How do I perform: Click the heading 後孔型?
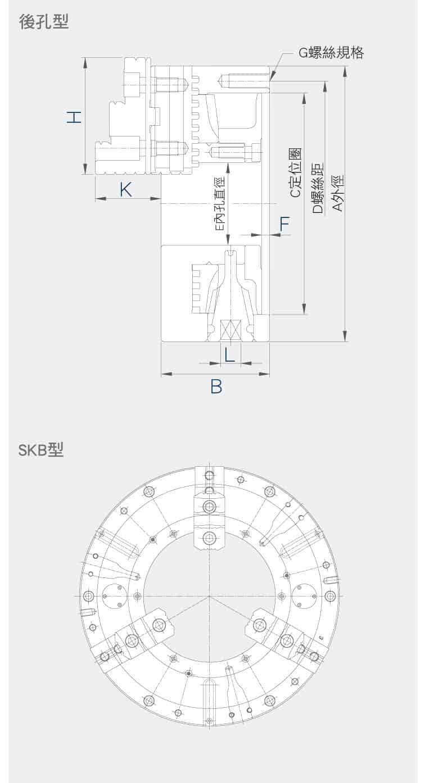(44, 22)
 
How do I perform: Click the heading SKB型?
(41, 450)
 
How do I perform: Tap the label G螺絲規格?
(331, 53)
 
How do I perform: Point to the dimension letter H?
(74, 117)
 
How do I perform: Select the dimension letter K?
(126, 190)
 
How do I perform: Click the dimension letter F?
(284, 224)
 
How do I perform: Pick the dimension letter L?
(229, 355)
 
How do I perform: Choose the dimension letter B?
(216, 386)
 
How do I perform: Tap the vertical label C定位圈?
(296, 172)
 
